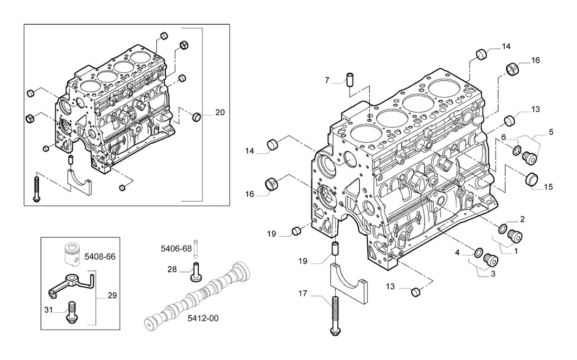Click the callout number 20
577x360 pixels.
[x=220, y=112]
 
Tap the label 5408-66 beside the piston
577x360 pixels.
[x=100, y=256]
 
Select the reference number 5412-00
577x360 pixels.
[x=203, y=318]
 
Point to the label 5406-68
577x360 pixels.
[x=176, y=248]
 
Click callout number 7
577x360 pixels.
[x=327, y=80]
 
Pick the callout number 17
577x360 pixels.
[x=303, y=293]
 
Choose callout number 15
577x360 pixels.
[x=548, y=187]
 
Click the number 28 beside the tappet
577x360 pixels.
[x=172, y=269]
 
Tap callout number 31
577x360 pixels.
[x=49, y=310]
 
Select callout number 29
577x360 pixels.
[x=112, y=295]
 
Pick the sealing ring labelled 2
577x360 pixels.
[x=503, y=228]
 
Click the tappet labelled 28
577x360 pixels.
[x=196, y=272]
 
